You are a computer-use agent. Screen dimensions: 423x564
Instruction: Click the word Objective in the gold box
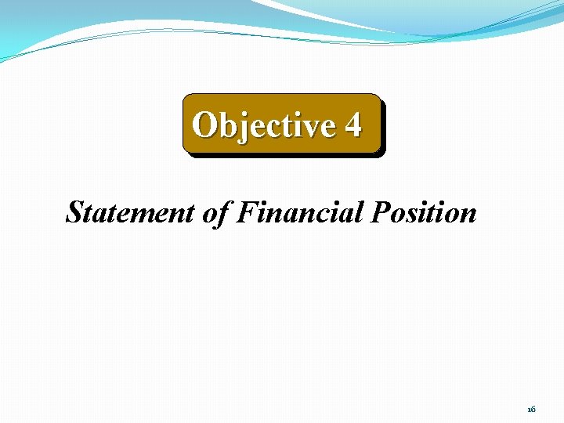[x=262, y=125]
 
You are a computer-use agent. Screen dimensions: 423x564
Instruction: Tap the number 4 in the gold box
[x=352, y=125]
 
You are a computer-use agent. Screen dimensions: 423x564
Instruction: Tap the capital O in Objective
[x=205, y=125]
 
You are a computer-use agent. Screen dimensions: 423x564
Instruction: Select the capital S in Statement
[x=75, y=212]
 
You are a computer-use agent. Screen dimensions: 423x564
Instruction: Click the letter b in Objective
[x=227, y=125]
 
